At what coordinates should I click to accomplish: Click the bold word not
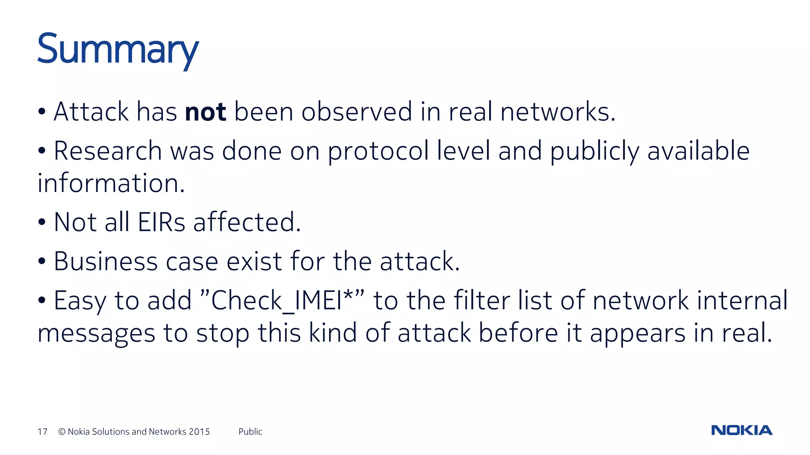click(x=205, y=112)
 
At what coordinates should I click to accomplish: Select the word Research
click(x=108, y=151)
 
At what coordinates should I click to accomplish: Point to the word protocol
click(x=378, y=152)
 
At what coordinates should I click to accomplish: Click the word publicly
click(x=594, y=152)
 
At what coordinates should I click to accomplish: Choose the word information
click(x=111, y=183)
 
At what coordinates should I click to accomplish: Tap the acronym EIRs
click(x=161, y=222)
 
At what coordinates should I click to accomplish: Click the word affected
click(x=247, y=222)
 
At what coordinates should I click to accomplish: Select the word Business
click(x=106, y=261)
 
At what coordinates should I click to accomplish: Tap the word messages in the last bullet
click(x=97, y=333)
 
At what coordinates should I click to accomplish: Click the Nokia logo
click(x=742, y=430)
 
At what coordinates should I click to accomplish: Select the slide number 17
click(x=42, y=432)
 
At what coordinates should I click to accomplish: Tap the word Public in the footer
click(x=250, y=432)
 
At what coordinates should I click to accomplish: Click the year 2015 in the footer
click(x=199, y=432)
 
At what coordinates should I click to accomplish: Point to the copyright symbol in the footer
click(x=62, y=432)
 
